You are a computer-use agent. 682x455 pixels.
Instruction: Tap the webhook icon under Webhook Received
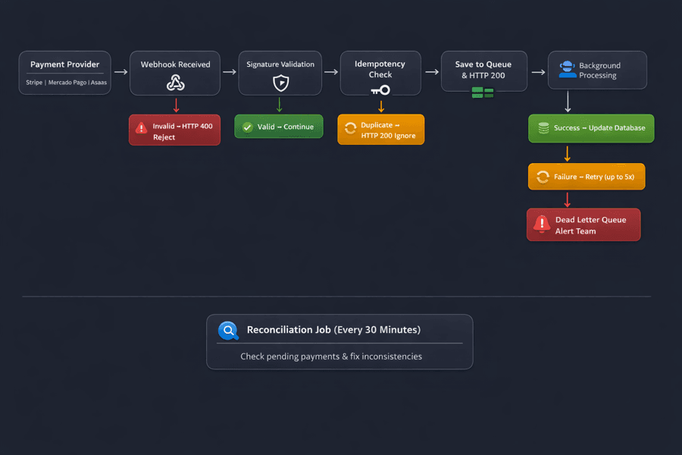pyautogui.click(x=176, y=83)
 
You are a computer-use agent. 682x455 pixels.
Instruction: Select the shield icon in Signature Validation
pyautogui.click(x=280, y=83)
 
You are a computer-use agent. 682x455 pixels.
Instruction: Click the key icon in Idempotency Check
pyautogui.click(x=380, y=90)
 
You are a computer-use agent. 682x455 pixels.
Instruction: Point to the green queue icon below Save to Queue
pyautogui.click(x=483, y=93)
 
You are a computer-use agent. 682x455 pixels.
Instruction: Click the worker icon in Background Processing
pyautogui.click(x=567, y=70)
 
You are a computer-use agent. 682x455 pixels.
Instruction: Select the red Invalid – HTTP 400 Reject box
pyautogui.click(x=174, y=130)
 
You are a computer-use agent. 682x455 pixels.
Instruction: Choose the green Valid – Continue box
pyautogui.click(x=279, y=127)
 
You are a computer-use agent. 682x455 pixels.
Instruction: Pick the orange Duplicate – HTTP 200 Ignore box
pyautogui.click(x=381, y=130)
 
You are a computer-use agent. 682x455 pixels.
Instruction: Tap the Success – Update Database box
pyautogui.click(x=591, y=128)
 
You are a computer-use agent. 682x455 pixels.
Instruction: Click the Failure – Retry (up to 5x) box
pyautogui.click(x=587, y=177)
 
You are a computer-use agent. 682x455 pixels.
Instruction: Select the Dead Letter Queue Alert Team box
pyautogui.click(x=583, y=225)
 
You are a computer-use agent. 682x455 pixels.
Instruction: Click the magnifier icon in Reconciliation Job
pyautogui.click(x=228, y=331)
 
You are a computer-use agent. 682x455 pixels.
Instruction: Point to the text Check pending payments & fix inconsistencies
pyautogui.click(x=331, y=356)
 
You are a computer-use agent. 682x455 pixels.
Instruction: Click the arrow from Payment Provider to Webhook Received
pyautogui.click(x=120, y=73)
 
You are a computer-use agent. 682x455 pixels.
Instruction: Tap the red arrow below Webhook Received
pyautogui.click(x=177, y=105)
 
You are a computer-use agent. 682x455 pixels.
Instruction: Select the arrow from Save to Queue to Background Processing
pyautogui.click(x=538, y=73)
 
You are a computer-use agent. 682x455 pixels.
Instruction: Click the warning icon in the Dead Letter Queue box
pyautogui.click(x=541, y=223)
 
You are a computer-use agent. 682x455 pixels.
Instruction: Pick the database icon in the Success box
pyautogui.click(x=543, y=128)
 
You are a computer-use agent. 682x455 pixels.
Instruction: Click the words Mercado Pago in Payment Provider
pyautogui.click(x=67, y=83)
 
